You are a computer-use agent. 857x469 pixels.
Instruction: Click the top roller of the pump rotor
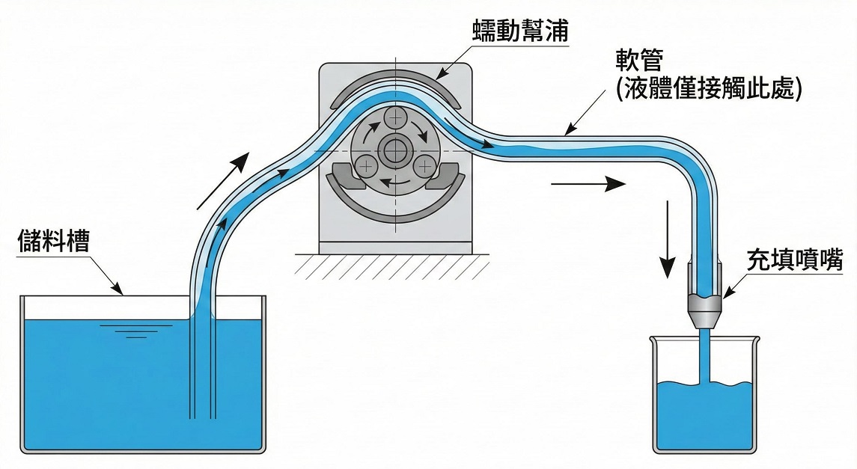(394, 117)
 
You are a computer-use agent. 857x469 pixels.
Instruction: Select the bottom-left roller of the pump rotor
(365, 165)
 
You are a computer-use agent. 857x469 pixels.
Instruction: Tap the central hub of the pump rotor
(394, 149)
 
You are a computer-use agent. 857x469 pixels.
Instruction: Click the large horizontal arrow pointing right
(588, 183)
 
